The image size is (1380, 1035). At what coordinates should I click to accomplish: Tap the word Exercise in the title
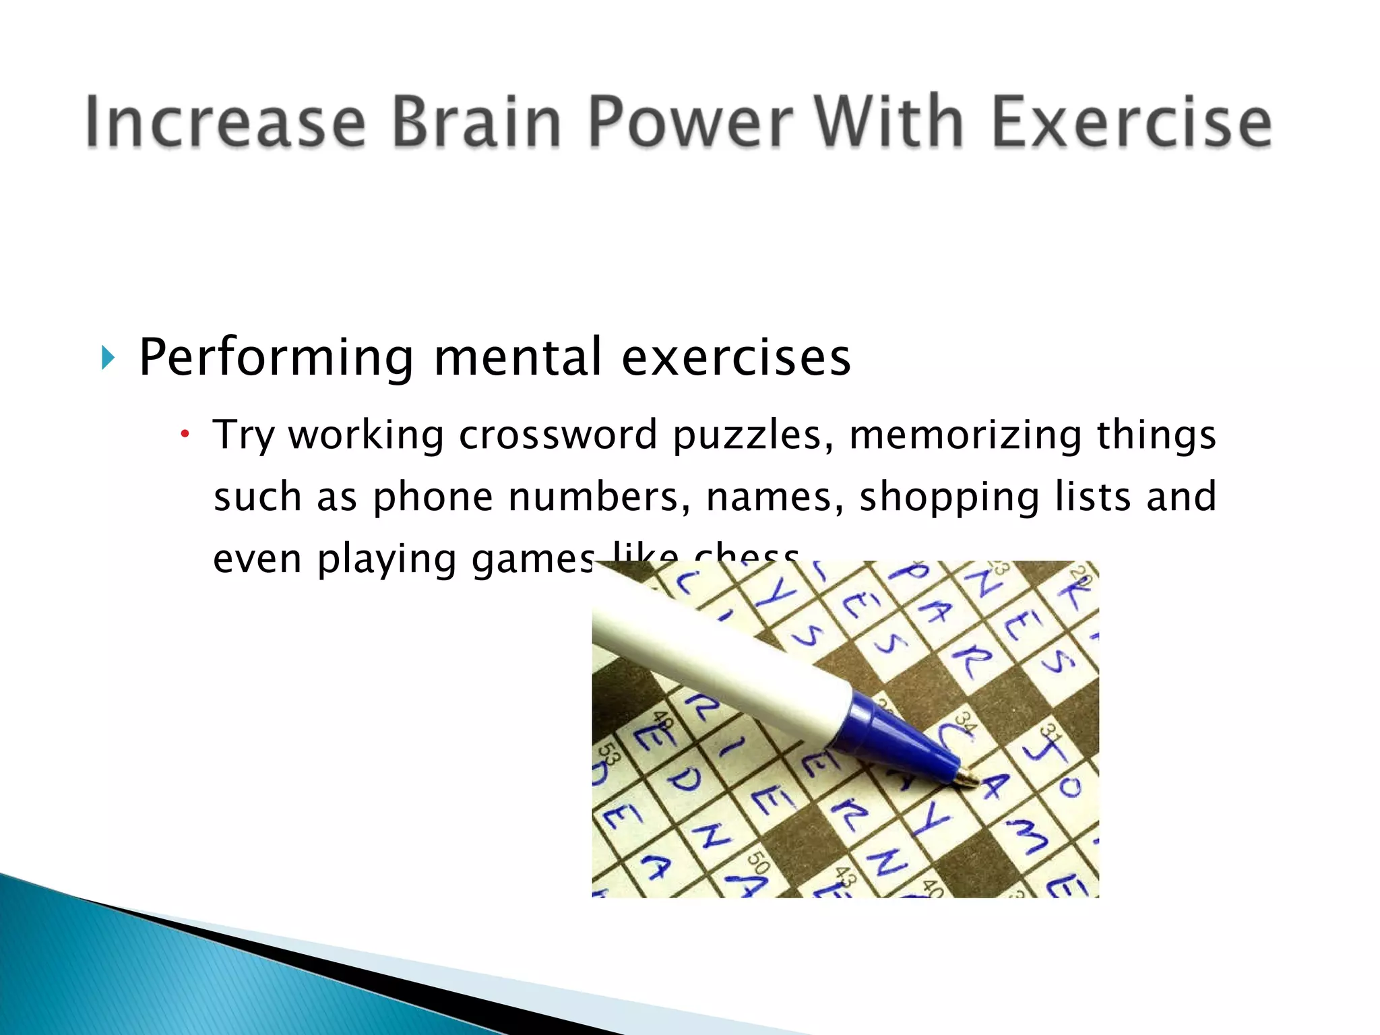coord(1131,122)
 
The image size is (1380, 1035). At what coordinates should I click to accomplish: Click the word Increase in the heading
coord(225,122)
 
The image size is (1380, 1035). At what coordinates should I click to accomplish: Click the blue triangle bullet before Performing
coord(107,358)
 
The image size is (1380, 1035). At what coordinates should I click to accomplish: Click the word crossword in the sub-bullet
coord(558,435)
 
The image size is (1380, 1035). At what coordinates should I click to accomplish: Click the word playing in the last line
coord(387,559)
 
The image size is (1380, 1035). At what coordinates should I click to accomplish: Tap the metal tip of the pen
coord(968,778)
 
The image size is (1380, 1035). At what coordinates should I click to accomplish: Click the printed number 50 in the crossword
coord(759,862)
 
